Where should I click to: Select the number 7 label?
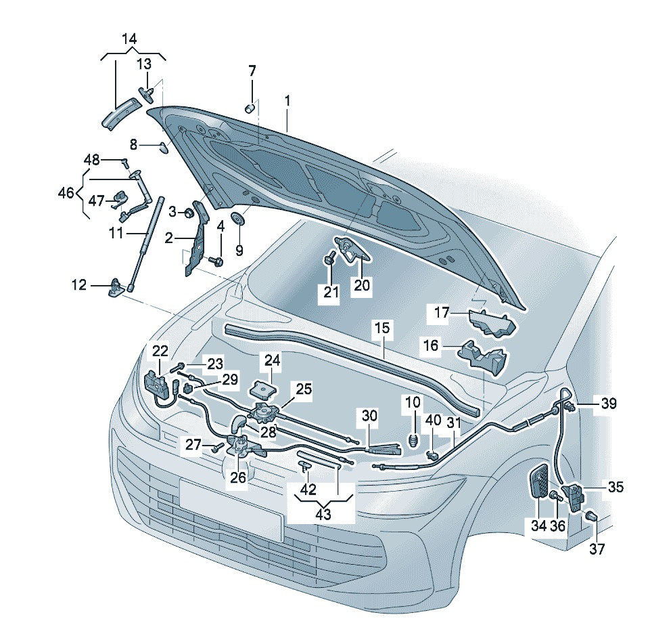(x=252, y=70)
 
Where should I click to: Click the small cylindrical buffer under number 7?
(x=250, y=107)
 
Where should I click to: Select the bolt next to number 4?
(x=216, y=259)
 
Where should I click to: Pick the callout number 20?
(x=361, y=286)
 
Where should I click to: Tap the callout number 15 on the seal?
(x=382, y=328)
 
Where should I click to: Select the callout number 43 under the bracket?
(x=323, y=514)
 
